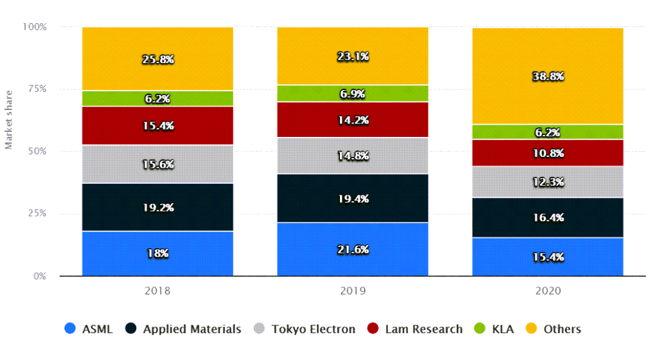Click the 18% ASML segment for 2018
(x=157, y=253)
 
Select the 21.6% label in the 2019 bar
(x=353, y=249)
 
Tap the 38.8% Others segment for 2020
(x=548, y=76)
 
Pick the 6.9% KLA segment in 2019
(x=353, y=93)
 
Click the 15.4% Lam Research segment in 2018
(x=157, y=126)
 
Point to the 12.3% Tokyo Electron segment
(x=548, y=182)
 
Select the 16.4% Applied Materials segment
(x=548, y=217)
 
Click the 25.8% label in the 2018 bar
(x=157, y=59)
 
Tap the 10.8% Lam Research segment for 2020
(x=548, y=153)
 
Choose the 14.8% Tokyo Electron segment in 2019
(x=353, y=156)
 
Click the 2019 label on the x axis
(x=353, y=291)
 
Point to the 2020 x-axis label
(x=548, y=291)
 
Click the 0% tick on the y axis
(x=40, y=276)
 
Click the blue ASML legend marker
(x=70, y=329)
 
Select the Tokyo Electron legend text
(x=313, y=329)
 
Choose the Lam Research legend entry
(x=415, y=329)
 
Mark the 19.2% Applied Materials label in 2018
(x=157, y=208)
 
